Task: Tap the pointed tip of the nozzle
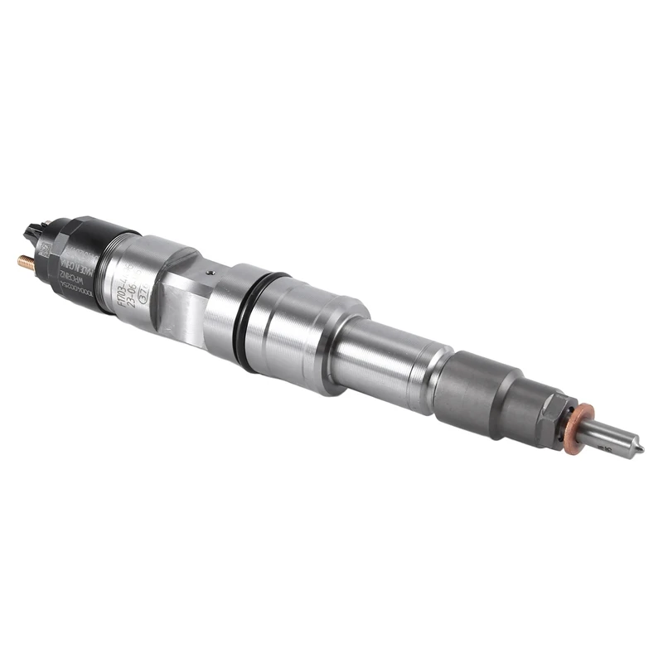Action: click(x=639, y=448)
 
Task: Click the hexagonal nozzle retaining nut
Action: click(x=554, y=414)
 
